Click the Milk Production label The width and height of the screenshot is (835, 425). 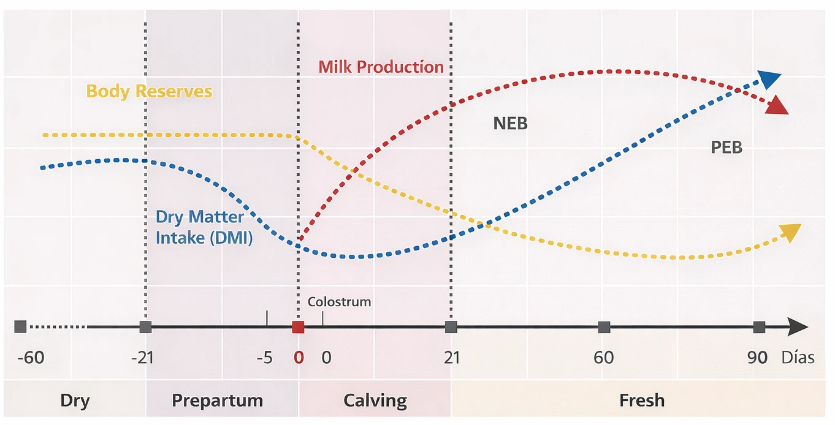(x=381, y=67)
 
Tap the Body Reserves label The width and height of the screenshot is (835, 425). (x=149, y=92)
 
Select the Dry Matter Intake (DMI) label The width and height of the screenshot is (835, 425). (x=204, y=227)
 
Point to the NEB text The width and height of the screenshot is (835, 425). (x=510, y=124)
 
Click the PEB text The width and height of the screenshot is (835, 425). (x=726, y=148)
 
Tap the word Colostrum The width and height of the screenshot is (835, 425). (x=339, y=302)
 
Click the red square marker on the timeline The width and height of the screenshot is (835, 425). (x=298, y=327)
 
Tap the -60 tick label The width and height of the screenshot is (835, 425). (x=30, y=357)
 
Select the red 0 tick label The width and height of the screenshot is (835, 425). (x=299, y=357)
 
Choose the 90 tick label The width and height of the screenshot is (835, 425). (x=758, y=357)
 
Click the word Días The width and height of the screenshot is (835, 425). (x=798, y=357)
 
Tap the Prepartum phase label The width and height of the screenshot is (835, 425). (x=217, y=401)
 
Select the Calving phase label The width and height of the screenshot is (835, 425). (x=375, y=401)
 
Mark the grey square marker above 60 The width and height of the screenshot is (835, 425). (x=604, y=327)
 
